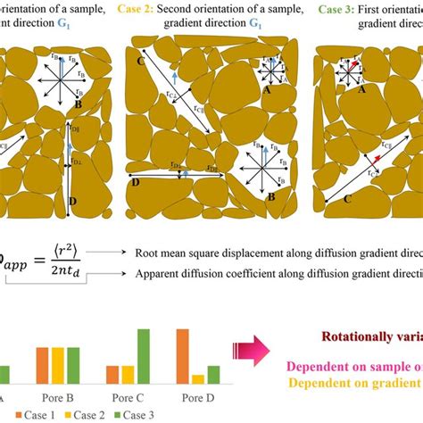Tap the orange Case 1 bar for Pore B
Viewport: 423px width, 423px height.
(42, 365)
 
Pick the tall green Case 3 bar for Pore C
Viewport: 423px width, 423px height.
(141, 356)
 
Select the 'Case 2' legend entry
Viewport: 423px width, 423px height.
(87, 415)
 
